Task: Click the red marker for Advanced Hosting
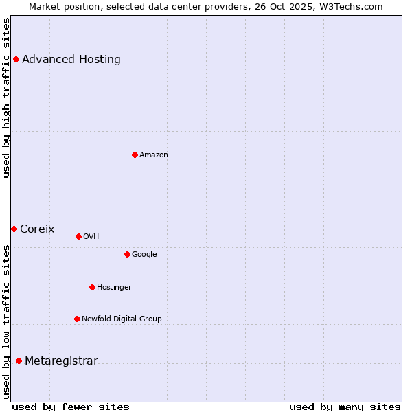(x=16, y=59)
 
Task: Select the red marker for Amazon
(x=135, y=154)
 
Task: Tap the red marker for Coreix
(x=14, y=229)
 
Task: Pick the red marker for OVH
(x=78, y=236)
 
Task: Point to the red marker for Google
(x=127, y=254)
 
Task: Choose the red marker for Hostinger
(x=92, y=287)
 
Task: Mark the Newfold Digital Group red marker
(x=77, y=319)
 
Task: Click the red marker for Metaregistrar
(x=19, y=361)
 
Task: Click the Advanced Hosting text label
(x=71, y=59)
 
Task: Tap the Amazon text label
(x=154, y=154)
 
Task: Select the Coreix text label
(x=37, y=229)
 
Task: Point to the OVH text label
(x=91, y=236)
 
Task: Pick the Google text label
(x=144, y=254)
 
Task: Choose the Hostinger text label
(x=114, y=287)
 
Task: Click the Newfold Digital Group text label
(x=122, y=319)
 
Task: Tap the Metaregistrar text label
(x=61, y=361)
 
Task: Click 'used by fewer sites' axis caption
(x=71, y=407)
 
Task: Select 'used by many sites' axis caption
(x=345, y=407)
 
